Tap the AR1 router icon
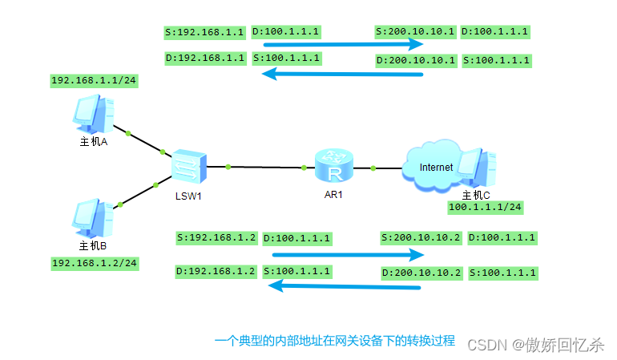point(333,167)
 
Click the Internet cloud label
point(436,167)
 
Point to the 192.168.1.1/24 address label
point(94,81)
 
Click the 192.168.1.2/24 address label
point(94,263)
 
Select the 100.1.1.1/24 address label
point(486,208)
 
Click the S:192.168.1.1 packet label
point(204,33)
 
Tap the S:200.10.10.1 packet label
point(416,32)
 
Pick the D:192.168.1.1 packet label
point(204,58)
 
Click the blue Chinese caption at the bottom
point(335,341)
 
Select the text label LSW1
point(188,195)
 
